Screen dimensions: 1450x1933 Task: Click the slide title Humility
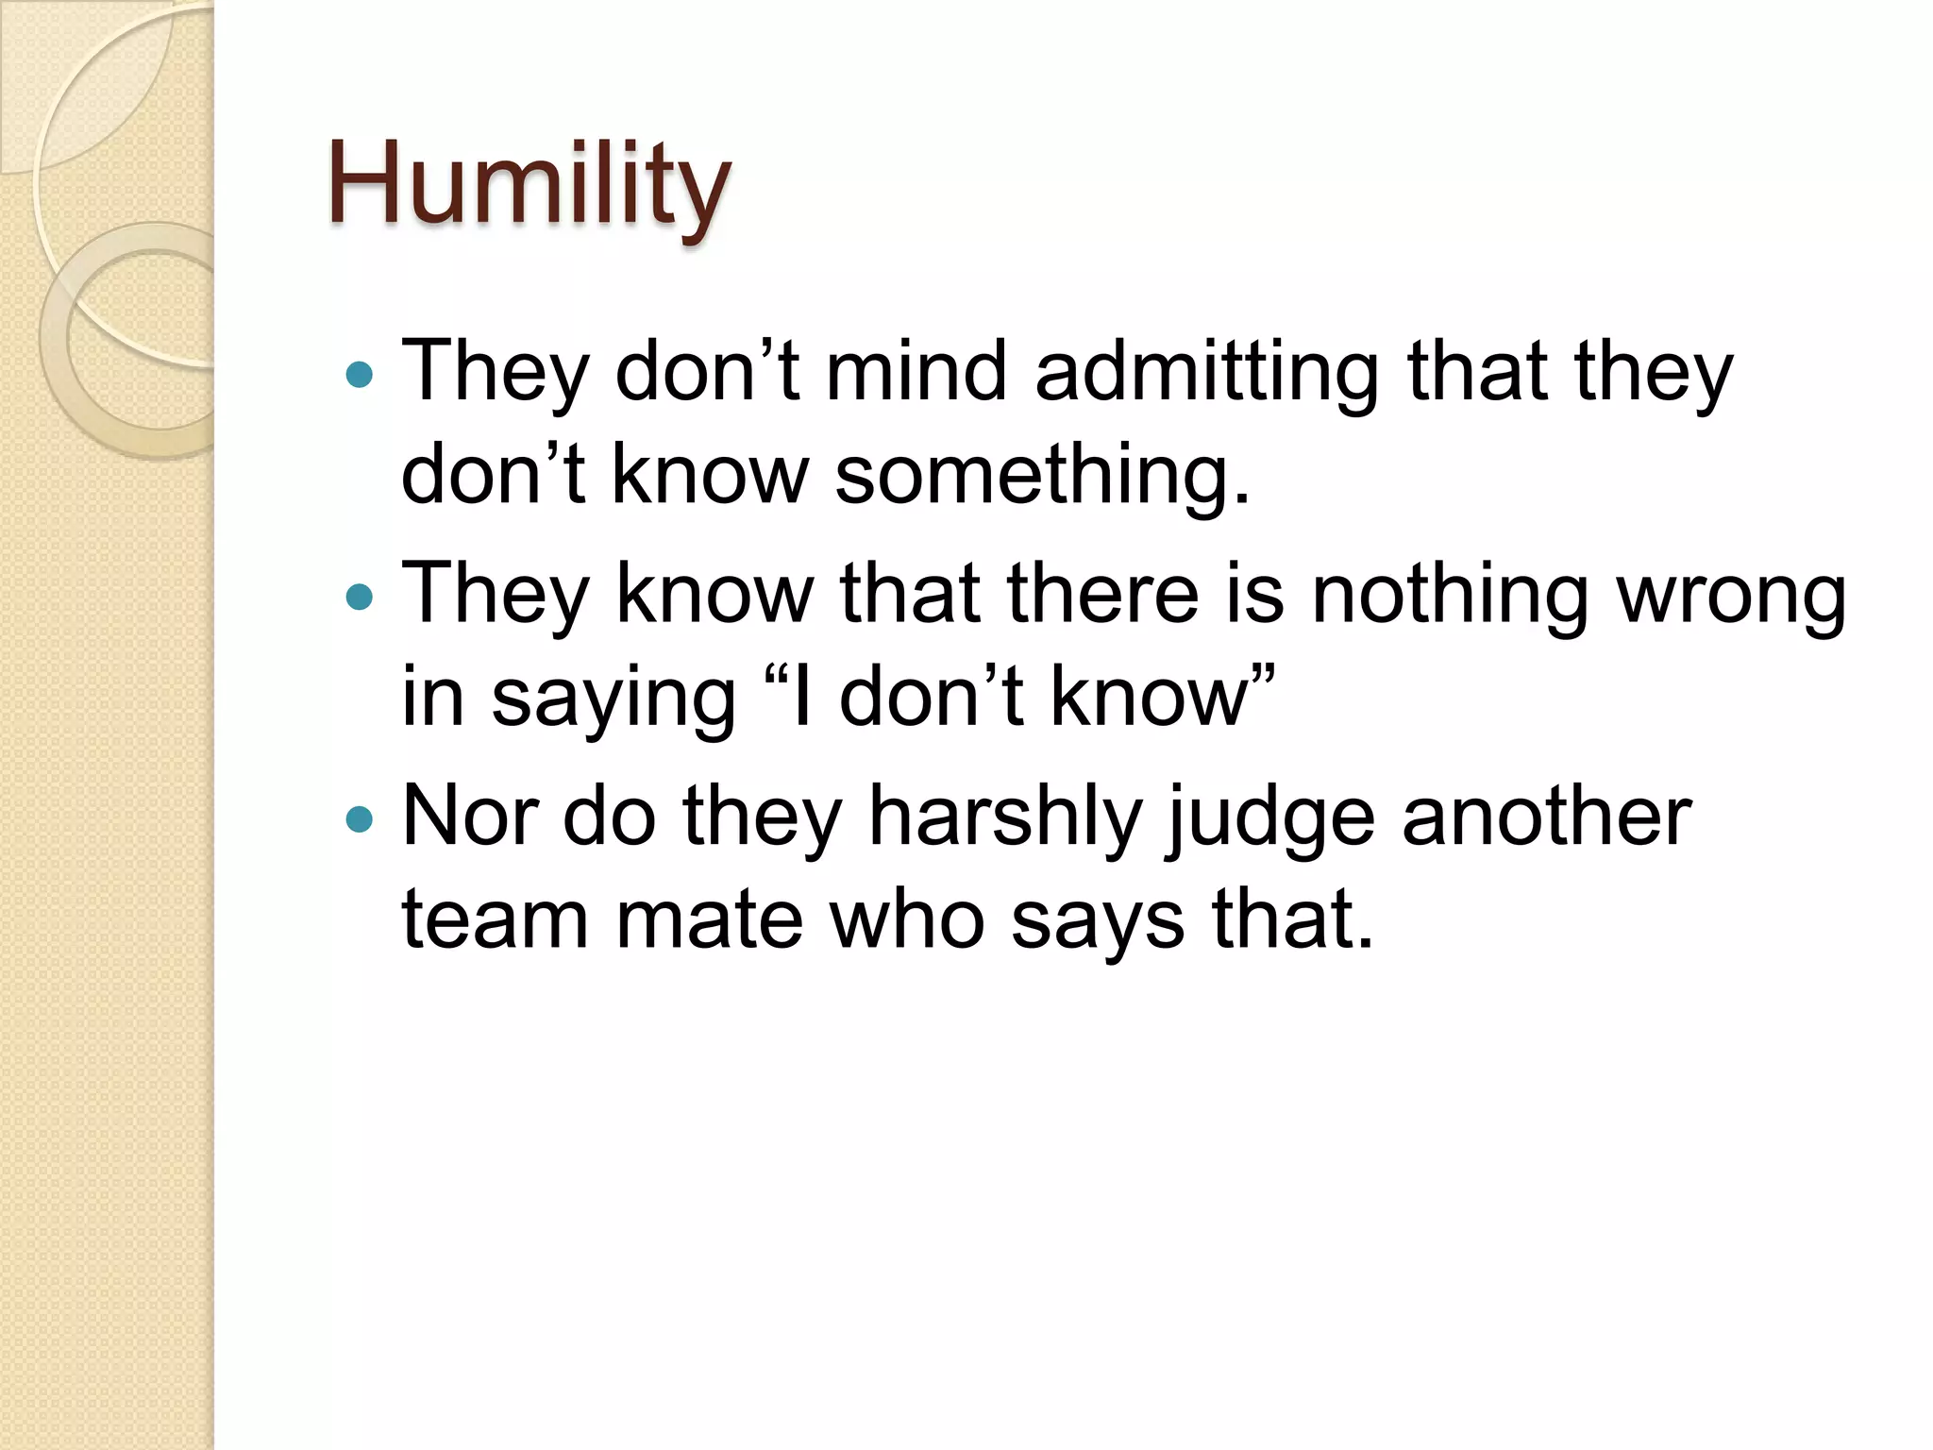click(x=529, y=184)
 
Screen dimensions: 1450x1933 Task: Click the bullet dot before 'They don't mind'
click(x=360, y=376)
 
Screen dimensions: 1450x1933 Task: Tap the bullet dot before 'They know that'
click(x=360, y=597)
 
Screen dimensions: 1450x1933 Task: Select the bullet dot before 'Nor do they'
click(x=360, y=819)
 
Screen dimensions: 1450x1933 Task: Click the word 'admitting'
click(x=1207, y=373)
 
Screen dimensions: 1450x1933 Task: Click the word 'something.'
click(x=1042, y=474)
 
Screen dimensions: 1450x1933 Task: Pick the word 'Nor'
click(x=469, y=816)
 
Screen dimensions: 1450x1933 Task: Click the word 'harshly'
click(x=1005, y=818)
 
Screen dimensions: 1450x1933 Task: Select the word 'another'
click(x=1547, y=816)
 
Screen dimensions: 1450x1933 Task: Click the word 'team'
click(x=496, y=919)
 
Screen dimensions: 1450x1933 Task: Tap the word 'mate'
click(x=709, y=919)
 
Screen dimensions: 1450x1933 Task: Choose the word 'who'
click(x=907, y=919)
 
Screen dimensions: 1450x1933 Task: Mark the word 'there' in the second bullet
click(x=1102, y=595)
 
